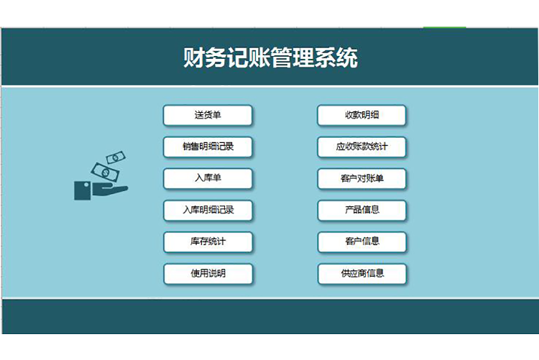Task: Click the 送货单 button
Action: (208, 115)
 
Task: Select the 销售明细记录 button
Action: (208, 147)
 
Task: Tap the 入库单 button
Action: (208, 178)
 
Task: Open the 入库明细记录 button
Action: (208, 211)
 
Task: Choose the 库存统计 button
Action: (208, 242)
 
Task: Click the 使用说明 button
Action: (208, 274)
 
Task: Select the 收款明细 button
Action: (362, 115)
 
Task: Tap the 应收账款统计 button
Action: (362, 147)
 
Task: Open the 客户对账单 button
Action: (362, 178)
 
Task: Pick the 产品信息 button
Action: (362, 211)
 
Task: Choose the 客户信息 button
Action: (362, 242)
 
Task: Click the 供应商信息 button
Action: (362, 274)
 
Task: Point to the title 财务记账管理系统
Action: (270, 57)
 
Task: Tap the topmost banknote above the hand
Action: (116, 157)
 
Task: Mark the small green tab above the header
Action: (444, 28)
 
